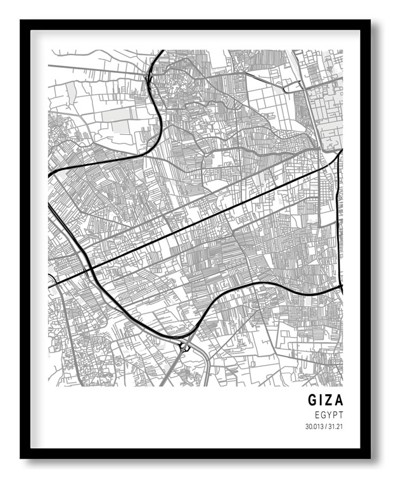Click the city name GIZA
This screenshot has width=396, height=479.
point(325,400)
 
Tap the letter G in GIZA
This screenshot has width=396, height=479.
point(313,400)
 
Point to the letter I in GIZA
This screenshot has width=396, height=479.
point(321,400)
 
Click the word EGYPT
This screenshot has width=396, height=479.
point(328,414)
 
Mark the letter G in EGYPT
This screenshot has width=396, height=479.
point(323,414)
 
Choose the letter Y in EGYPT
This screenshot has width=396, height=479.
point(329,414)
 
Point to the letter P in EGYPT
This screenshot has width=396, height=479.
point(335,414)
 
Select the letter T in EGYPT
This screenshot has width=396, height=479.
point(340,414)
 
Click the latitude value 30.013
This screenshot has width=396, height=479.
point(314,425)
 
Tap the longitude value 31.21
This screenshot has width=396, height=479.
point(335,425)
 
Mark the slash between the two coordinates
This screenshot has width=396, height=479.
point(326,425)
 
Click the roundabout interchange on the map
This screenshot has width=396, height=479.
point(185,346)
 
